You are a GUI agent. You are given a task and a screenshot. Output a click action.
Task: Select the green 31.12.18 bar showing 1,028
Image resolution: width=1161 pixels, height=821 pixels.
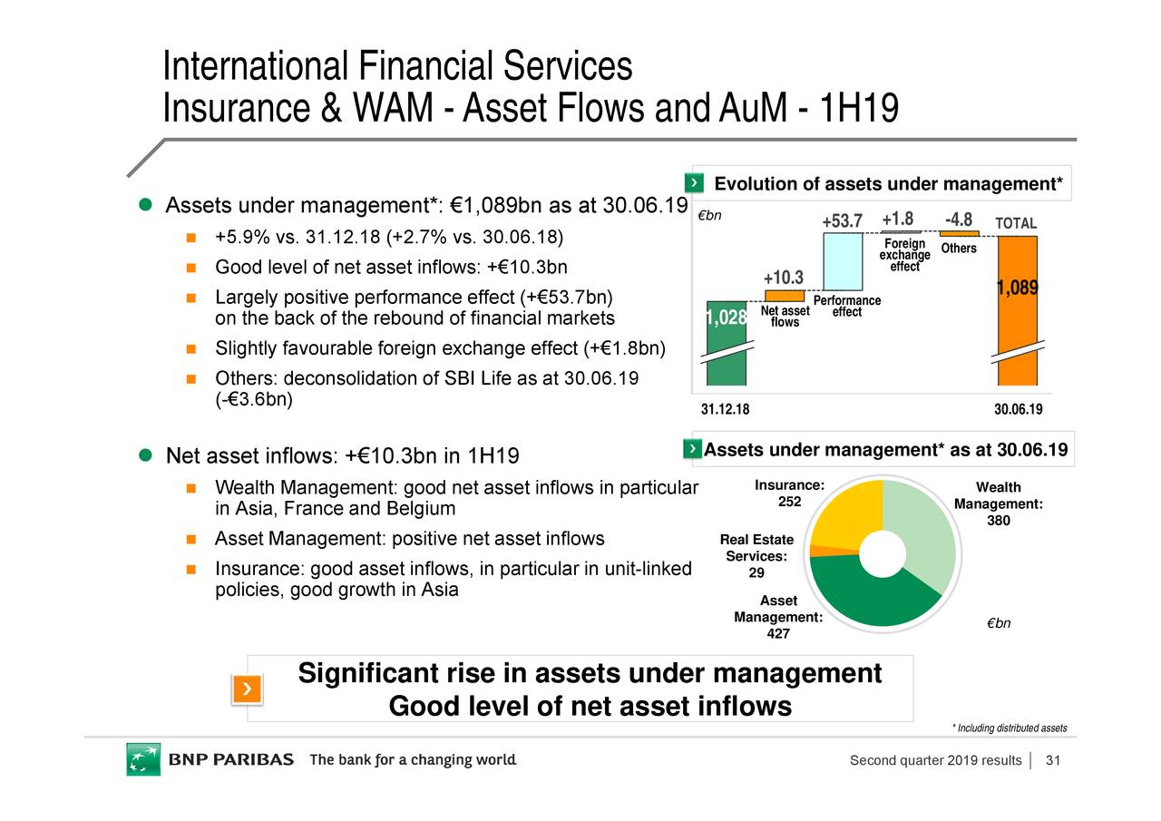click(727, 345)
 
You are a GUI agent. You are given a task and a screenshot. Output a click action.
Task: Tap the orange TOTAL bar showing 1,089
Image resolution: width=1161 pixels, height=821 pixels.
click(1017, 308)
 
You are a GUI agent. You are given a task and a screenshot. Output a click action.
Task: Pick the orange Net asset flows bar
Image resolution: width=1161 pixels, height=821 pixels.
click(785, 296)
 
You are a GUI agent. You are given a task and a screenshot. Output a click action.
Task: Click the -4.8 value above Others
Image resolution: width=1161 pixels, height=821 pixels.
click(959, 220)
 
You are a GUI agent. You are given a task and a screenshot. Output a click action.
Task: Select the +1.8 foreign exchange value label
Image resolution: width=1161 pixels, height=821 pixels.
click(897, 220)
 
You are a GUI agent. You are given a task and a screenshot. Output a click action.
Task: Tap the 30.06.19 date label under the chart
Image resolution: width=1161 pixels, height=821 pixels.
click(1018, 409)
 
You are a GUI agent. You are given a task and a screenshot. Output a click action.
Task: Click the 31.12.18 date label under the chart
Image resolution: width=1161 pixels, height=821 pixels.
click(726, 409)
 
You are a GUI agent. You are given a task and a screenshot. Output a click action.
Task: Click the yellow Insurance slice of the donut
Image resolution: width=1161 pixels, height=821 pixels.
click(849, 517)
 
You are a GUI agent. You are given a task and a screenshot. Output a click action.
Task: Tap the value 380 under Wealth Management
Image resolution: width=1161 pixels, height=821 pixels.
click(999, 521)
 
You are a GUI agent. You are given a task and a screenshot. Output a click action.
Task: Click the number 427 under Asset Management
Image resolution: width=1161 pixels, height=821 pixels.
click(777, 633)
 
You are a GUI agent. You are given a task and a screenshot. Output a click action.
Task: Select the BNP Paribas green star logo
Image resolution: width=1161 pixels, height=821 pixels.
click(142, 759)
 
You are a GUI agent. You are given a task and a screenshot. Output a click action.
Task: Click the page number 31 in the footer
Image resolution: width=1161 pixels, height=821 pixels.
click(1053, 760)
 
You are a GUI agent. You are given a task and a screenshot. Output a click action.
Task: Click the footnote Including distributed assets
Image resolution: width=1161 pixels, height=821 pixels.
click(1009, 728)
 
